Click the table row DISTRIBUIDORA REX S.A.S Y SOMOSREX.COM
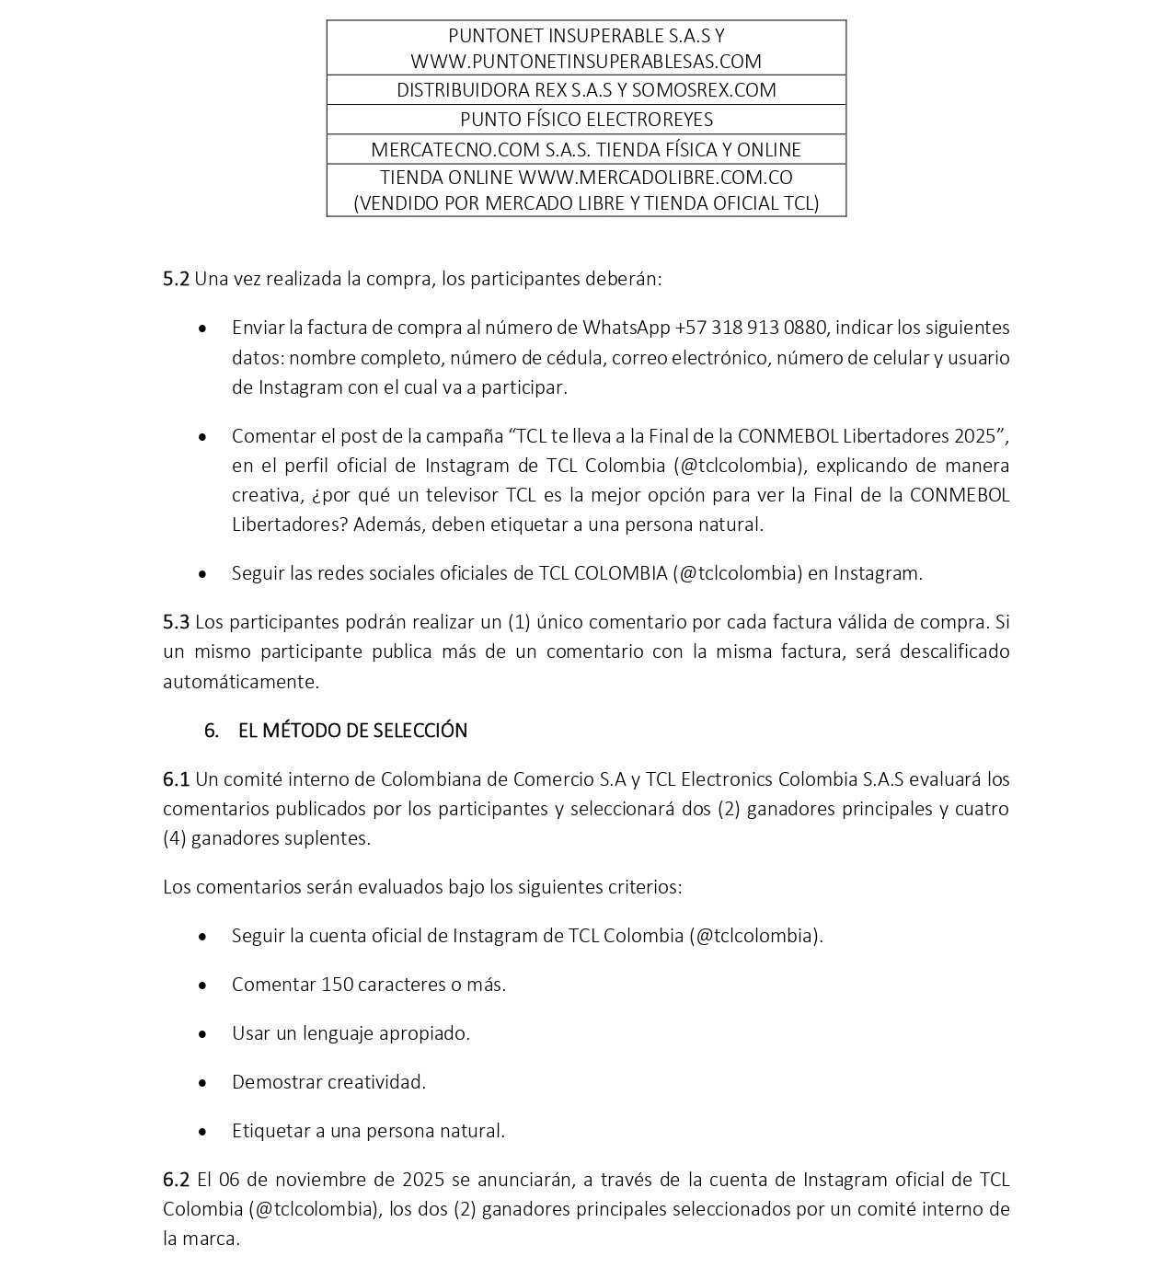pyautogui.click(x=586, y=90)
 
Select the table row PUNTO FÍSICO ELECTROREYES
pyautogui.click(x=586, y=120)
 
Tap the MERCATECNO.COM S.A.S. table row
pyautogui.click(x=586, y=149)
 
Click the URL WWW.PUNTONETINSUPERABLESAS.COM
pyautogui.click(x=586, y=62)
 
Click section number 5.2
pyautogui.click(x=176, y=279)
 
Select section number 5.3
pyautogui.click(x=176, y=622)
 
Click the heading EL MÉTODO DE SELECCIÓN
pyautogui.click(x=352, y=731)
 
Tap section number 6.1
pyautogui.click(x=176, y=779)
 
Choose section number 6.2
pyautogui.click(x=176, y=1180)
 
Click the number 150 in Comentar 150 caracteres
pyautogui.click(x=337, y=985)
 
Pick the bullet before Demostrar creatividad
pyautogui.click(x=202, y=1083)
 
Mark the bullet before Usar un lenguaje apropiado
pyautogui.click(x=202, y=1034)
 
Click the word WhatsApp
pyautogui.click(x=626, y=328)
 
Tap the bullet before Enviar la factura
pyautogui.click(x=202, y=329)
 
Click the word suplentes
pyautogui.click(x=330, y=838)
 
